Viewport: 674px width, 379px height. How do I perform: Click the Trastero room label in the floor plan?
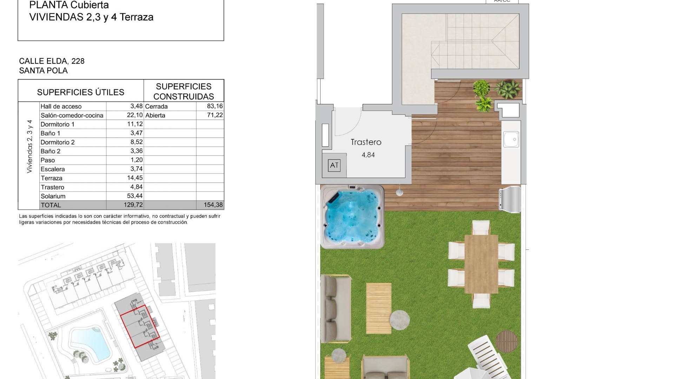tap(366, 142)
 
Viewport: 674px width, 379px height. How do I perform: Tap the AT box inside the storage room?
tap(334, 165)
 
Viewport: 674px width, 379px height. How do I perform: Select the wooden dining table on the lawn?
tap(481, 264)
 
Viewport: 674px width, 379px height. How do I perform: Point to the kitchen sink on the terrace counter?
tap(511, 139)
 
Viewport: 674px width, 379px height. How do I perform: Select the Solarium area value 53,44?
tap(135, 196)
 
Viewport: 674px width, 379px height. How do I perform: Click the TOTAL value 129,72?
tap(133, 205)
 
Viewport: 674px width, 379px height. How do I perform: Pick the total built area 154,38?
tap(213, 205)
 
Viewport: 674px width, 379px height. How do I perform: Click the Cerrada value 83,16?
tap(215, 106)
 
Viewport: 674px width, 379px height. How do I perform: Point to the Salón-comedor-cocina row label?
tap(72, 115)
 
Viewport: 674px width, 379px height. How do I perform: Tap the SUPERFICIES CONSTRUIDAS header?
tap(184, 91)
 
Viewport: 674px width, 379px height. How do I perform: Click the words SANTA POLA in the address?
tap(44, 71)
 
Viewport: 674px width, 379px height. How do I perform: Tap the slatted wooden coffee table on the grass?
tap(378, 308)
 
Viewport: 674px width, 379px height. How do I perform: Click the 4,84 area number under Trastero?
tap(368, 155)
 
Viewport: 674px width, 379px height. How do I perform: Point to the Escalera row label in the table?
tap(53, 169)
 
